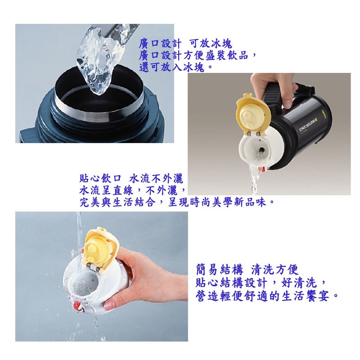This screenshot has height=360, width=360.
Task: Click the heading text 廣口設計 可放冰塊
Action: point(185,44)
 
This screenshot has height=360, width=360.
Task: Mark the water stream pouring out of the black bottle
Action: point(255,178)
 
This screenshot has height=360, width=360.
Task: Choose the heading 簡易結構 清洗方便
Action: point(247,270)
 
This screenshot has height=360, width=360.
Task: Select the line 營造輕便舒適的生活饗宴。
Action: point(267,297)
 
